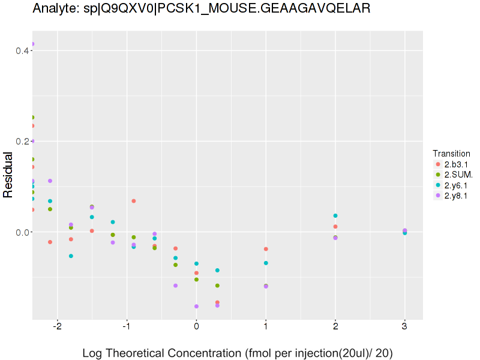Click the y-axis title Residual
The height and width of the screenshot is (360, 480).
pos(8,175)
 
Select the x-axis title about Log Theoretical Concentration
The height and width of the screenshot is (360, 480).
pos(237,353)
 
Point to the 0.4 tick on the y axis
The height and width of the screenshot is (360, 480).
pos(23,50)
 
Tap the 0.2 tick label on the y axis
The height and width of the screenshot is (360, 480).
pos(23,142)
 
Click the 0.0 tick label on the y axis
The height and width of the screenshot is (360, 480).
pos(23,232)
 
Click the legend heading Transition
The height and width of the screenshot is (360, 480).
pos(451,153)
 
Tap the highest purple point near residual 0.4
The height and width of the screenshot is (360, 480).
pos(32,44)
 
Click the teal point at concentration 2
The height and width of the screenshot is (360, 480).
pos(335,215)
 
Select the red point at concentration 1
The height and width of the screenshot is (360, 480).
pos(266,249)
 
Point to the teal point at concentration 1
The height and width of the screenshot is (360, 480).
pos(266,263)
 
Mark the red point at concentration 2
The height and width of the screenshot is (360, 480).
pos(335,226)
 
